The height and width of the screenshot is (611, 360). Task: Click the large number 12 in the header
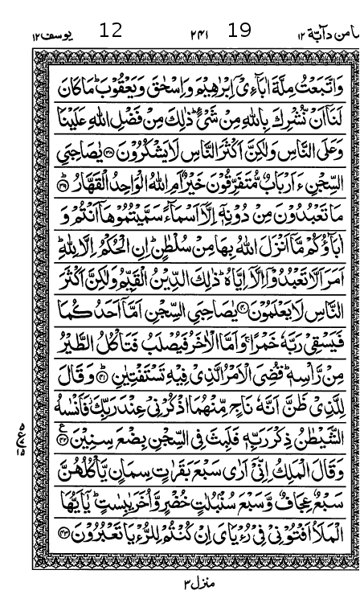tap(111, 31)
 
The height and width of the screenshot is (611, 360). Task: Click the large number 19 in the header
tap(239, 31)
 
